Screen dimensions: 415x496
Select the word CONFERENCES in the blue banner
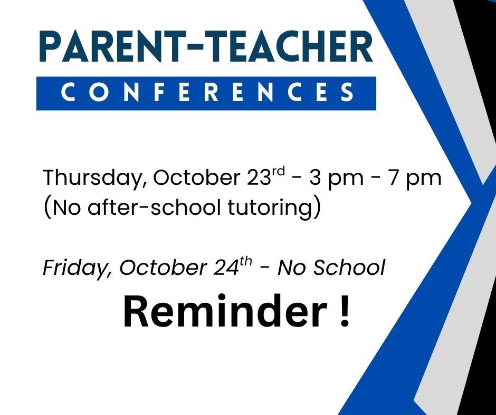206,93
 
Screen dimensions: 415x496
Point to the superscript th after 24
246,262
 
